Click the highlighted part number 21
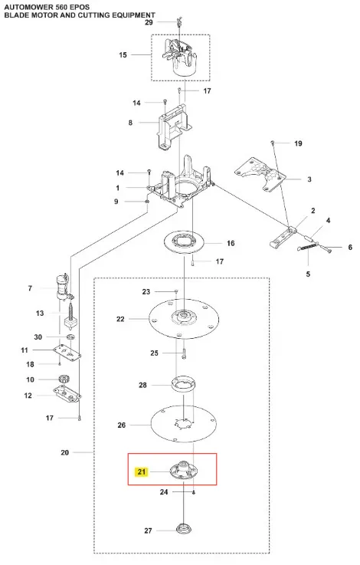142,471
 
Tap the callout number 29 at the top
149,22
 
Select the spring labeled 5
308,248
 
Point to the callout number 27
148,531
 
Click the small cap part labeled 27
184,529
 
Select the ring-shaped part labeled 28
184,383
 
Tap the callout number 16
231,243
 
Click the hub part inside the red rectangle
185,470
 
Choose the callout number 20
65,452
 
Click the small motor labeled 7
64,287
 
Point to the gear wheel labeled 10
64,379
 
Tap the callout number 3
309,179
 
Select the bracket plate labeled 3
260,174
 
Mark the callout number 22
120,319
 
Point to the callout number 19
298,143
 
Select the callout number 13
40,313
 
